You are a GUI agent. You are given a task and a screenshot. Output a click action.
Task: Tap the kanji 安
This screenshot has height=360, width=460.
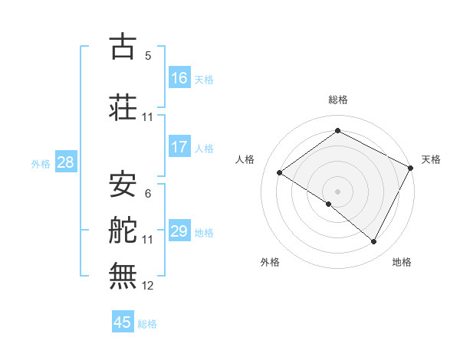click(x=123, y=183)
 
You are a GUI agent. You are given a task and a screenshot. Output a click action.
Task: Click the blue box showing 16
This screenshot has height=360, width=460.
click(x=179, y=78)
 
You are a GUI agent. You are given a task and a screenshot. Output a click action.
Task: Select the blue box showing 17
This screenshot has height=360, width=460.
click(x=179, y=147)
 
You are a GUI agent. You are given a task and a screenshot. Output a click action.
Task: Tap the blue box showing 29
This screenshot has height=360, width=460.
click(x=179, y=231)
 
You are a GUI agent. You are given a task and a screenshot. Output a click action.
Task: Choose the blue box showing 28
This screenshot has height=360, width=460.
click(x=65, y=162)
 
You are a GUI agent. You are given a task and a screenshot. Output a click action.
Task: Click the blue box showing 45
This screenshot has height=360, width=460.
click(x=123, y=322)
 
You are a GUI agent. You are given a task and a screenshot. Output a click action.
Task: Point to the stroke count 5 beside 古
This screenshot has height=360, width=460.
click(x=148, y=56)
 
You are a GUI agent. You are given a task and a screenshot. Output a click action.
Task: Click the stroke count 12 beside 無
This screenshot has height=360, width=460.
click(x=148, y=286)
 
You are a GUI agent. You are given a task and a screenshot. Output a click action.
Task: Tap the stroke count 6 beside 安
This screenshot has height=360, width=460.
click(x=148, y=194)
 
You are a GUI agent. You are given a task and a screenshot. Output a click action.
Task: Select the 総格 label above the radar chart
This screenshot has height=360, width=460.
click(x=337, y=100)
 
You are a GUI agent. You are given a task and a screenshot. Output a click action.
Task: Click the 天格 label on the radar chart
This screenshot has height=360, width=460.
click(x=431, y=159)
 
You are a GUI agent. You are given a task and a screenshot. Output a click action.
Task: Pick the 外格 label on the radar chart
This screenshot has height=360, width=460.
click(x=269, y=262)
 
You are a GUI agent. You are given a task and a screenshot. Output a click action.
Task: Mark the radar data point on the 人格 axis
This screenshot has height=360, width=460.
click(x=280, y=173)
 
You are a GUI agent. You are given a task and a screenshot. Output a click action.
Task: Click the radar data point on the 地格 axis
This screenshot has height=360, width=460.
click(x=374, y=242)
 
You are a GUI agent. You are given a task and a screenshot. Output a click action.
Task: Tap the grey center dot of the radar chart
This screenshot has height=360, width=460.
click(x=337, y=191)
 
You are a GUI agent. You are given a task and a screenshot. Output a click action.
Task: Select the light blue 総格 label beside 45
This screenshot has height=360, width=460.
click(x=148, y=323)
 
